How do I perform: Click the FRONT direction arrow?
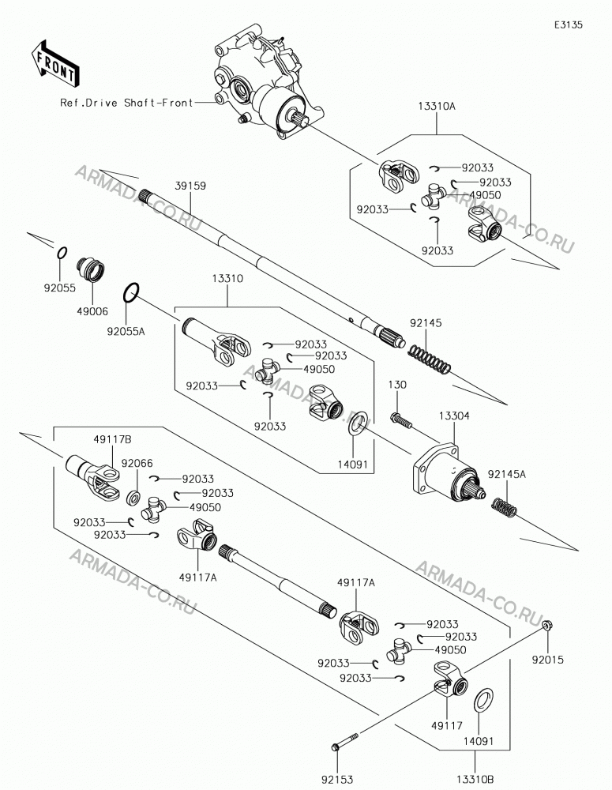click(x=55, y=62)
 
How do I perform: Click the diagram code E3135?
click(x=569, y=24)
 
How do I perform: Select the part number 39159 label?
click(x=190, y=186)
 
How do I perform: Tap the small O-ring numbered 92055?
click(x=62, y=254)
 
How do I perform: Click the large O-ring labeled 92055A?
click(x=131, y=294)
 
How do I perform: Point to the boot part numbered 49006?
click(x=91, y=270)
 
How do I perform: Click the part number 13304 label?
click(x=454, y=416)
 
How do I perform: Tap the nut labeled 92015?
click(x=546, y=626)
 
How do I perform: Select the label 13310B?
click(x=475, y=780)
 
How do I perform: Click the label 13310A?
click(x=436, y=107)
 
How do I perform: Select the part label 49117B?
click(x=112, y=440)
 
